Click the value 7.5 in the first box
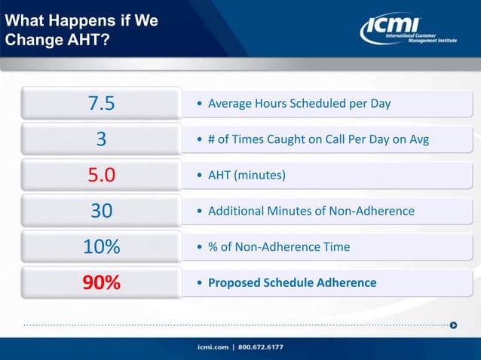[101, 103]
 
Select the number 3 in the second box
[101, 139]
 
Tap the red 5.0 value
[101, 175]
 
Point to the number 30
[101, 211]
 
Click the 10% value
[101, 247]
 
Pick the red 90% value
[101, 283]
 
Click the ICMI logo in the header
[407, 29]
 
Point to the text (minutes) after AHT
[260, 175]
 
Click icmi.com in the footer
[214, 347]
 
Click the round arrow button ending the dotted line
[453, 325]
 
